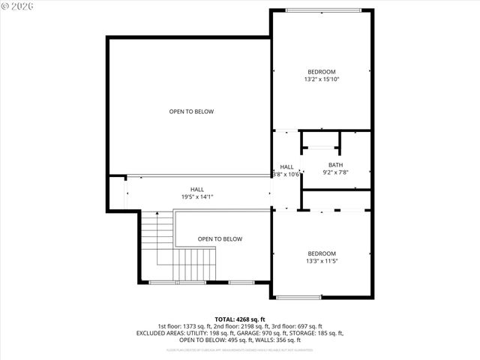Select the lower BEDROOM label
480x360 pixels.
321,253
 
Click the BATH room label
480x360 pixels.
335,165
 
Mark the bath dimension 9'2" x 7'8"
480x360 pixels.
335,172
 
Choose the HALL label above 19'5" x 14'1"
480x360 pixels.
197,190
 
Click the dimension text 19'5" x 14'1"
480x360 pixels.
197,196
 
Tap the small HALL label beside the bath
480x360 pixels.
286,167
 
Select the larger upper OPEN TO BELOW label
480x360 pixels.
191,112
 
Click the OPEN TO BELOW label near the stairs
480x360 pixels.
220,239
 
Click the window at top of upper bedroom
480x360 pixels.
322,10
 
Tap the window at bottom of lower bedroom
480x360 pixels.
299,298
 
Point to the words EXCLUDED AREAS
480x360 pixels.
159,333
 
